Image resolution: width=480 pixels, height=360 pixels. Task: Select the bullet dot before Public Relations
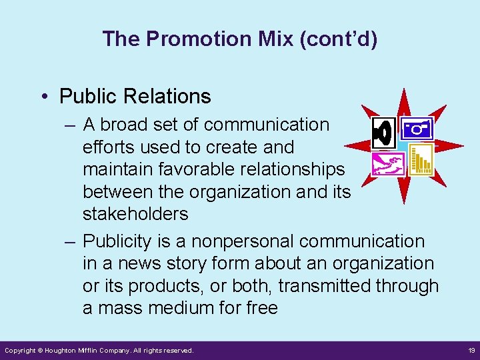(x=43, y=97)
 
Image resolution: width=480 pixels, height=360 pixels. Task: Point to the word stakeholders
(x=135, y=214)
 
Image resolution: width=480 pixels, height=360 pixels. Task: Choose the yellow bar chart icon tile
(x=420, y=160)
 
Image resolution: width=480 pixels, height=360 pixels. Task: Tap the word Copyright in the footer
(x=19, y=350)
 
